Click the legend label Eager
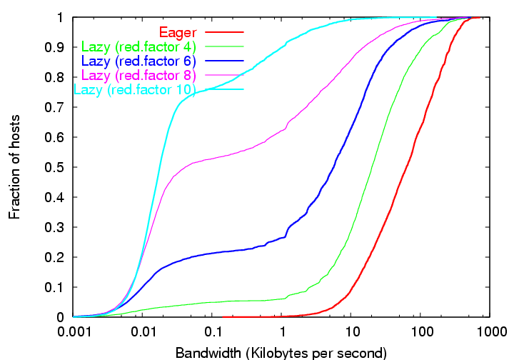pos(178,32)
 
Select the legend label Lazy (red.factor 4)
pos(139,46)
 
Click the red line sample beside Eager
pos(224,32)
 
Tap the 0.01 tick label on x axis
pos(144,334)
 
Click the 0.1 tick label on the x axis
pos(213,334)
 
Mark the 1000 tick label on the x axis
pos(490,334)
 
